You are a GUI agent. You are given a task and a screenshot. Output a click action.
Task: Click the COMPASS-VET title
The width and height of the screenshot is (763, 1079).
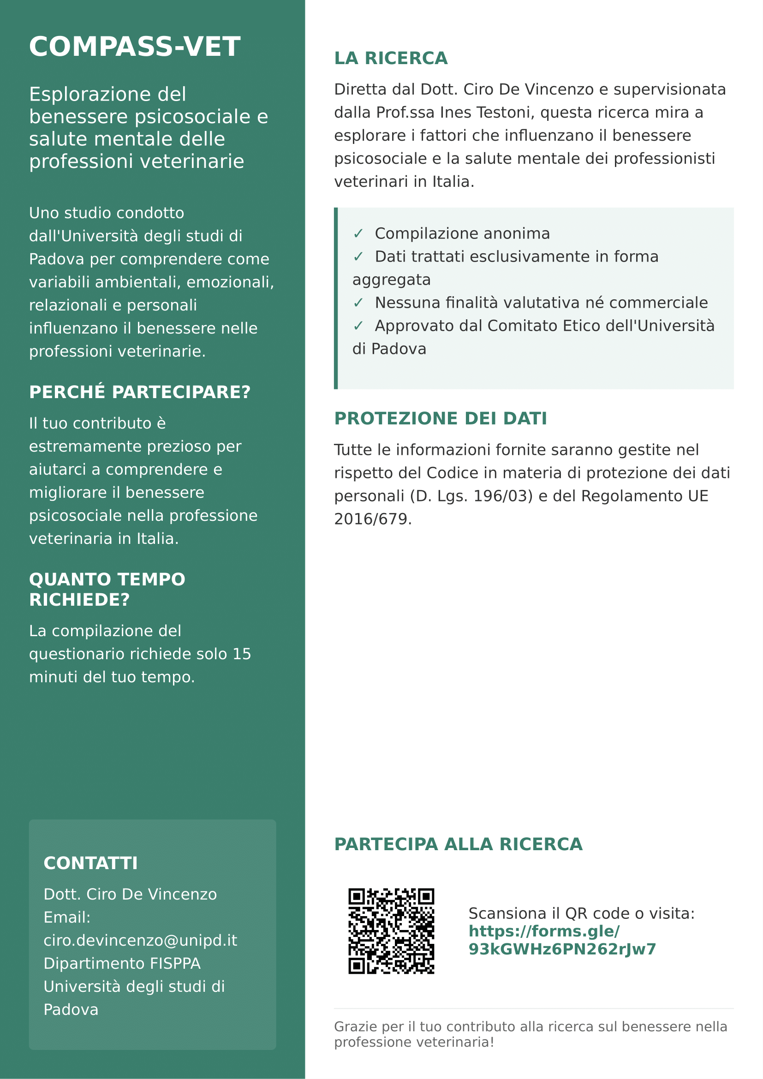pos(135,47)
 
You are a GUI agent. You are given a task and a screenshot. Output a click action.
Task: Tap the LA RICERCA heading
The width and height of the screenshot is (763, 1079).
pos(391,59)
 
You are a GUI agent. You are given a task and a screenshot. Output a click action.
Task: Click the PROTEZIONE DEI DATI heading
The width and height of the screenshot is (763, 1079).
pos(441,419)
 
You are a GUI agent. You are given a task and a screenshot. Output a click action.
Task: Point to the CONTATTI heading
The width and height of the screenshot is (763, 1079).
pos(91,863)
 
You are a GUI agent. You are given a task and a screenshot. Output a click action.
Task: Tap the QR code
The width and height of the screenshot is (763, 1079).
pos(391,931)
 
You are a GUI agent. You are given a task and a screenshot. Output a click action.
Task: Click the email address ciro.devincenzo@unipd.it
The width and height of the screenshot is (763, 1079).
pos(141,940)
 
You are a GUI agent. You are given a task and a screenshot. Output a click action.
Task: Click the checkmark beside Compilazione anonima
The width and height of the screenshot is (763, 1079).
pos(358,234)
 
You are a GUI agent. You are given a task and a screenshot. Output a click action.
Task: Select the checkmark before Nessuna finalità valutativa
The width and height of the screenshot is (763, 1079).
pos(358,303)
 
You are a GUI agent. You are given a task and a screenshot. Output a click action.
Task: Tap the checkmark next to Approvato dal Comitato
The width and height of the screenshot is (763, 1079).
pos(358,326)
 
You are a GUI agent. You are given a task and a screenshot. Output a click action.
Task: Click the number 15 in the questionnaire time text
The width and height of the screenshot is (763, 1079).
pos(242,654)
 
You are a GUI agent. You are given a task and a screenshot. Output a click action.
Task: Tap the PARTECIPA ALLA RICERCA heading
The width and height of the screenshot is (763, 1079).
pos(459,845)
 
